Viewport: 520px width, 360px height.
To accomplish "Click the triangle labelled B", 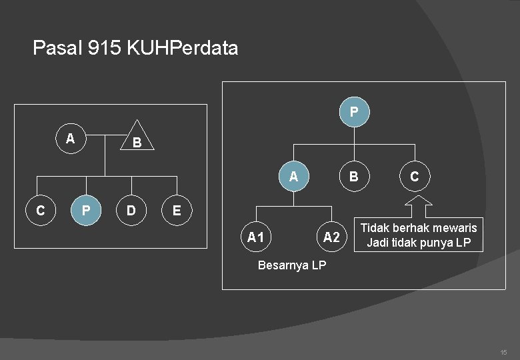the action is point(136,139).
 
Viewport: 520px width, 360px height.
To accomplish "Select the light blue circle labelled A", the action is point(293,177).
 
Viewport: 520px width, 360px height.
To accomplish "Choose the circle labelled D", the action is point(131,211).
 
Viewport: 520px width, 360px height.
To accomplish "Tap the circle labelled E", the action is point(177,211).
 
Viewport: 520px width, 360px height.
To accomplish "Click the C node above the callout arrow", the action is point(415,177).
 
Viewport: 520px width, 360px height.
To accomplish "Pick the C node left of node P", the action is point(40,211).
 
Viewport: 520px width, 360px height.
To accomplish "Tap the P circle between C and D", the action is point(85,211).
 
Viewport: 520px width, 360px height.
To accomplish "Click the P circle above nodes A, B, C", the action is point(354,110).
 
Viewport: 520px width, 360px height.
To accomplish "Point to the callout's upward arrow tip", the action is point(419,194).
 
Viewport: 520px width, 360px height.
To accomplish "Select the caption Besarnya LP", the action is point(291,265).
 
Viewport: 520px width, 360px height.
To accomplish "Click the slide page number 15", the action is point(503,351).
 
